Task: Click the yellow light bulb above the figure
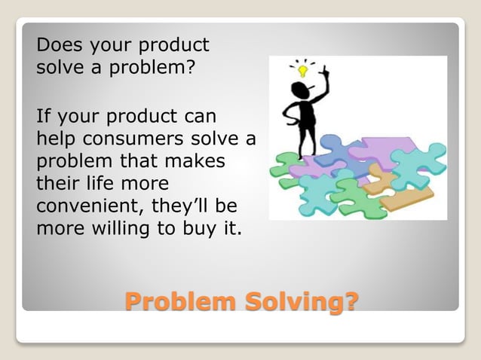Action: tap(303, 72)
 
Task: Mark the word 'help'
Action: tap(55, 139)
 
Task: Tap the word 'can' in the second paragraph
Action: tap(199, 117)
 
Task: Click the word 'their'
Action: tap(60, 184)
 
